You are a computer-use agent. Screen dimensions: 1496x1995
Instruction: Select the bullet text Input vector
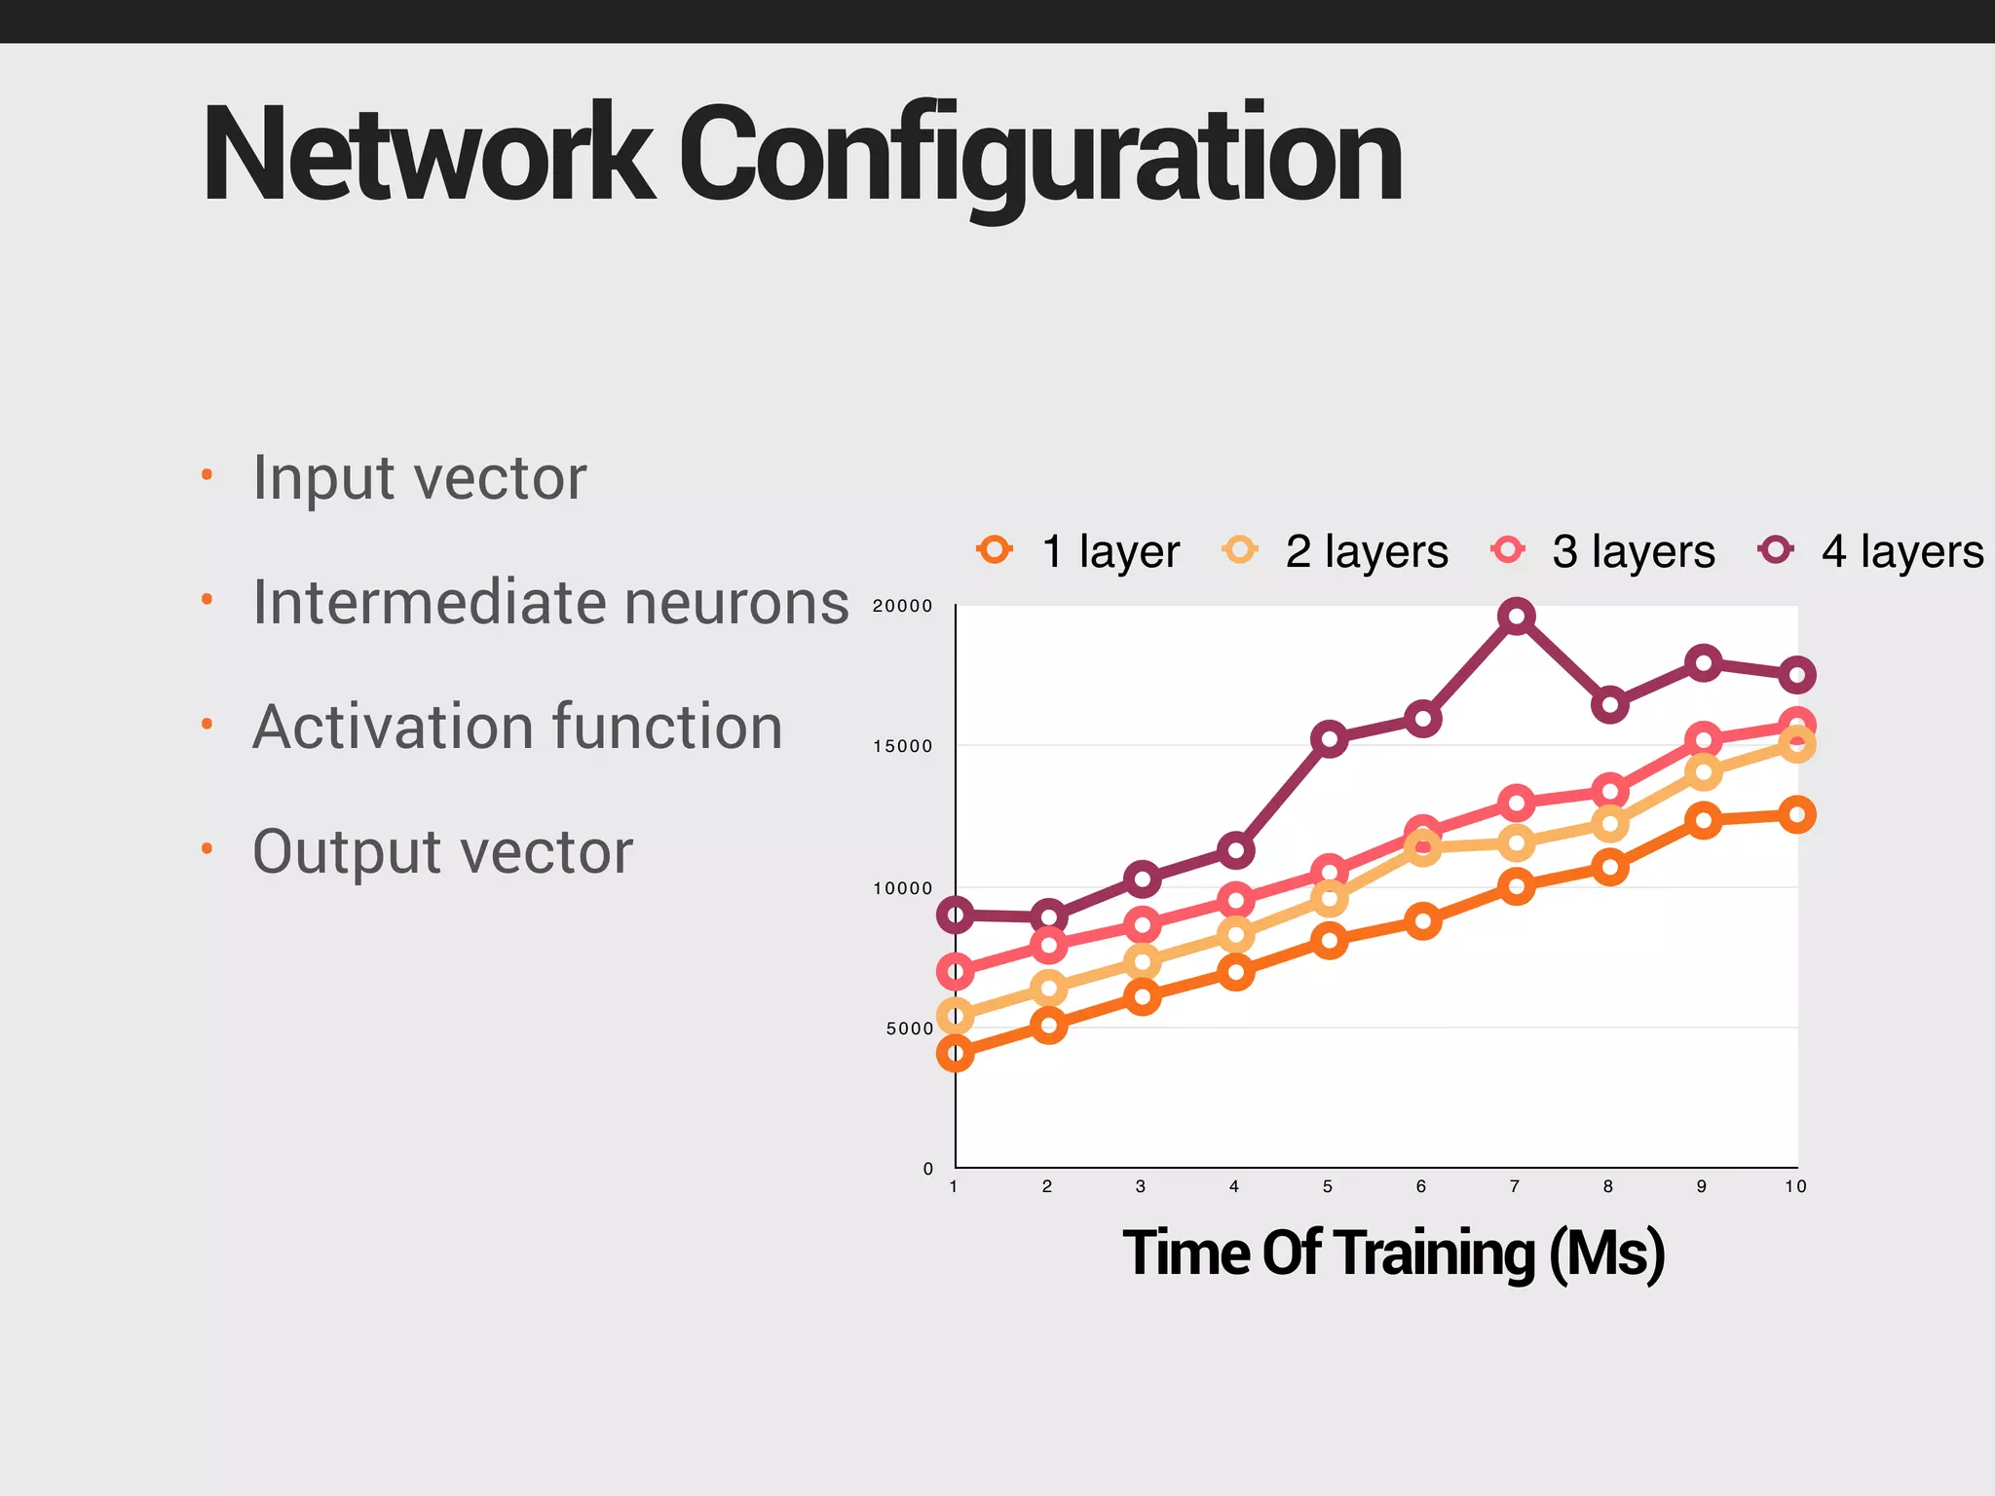click(x=419, y=478)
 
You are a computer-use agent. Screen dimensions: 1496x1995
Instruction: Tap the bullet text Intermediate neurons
click(x=550, y=603)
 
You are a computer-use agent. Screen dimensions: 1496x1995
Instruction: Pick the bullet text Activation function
click(x=517, y=728)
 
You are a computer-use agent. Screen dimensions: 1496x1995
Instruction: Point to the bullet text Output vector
click(x=442, y=852)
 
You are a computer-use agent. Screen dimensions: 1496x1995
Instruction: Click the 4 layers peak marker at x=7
click(x=1516, y=616)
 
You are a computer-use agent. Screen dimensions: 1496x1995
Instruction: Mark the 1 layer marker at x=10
click(x=1796, y=814)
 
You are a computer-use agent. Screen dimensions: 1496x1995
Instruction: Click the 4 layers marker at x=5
click(x=1329, y=738)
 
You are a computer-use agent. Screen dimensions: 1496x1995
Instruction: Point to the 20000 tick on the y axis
click(x=902, y=606)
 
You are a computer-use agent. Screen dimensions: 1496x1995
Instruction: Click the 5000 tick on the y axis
click(x=909, y=1028)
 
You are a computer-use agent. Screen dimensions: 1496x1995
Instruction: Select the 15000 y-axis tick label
click(x=902, y=747)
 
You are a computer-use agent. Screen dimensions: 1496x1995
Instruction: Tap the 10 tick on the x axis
click(x=1795, y=1186)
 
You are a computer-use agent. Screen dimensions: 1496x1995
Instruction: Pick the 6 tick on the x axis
click(x=1421, y=1186)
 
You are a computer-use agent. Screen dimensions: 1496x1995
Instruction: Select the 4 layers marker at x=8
click(x=1609, y=704)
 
